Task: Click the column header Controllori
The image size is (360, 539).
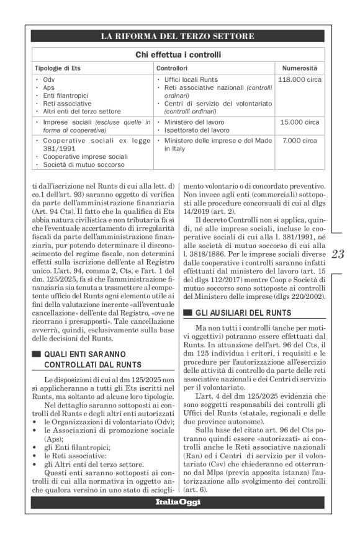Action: point(172,67)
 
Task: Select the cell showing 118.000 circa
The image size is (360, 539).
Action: point(300,81)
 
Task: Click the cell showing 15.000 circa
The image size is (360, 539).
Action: point(300,123)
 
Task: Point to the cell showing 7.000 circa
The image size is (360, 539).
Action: point(300,141)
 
